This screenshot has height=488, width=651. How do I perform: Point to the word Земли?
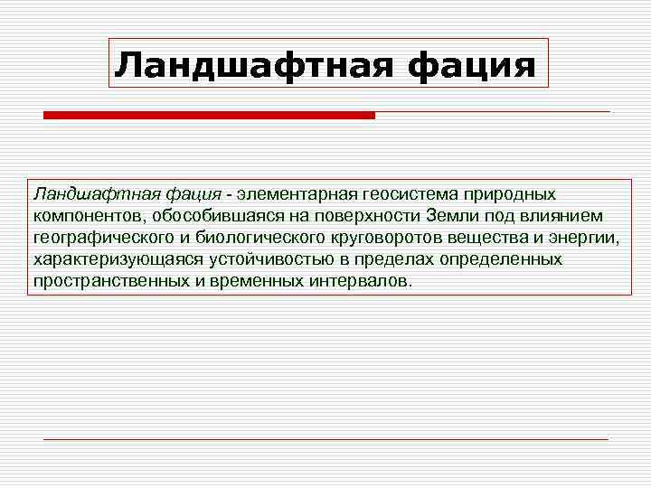(449, 216)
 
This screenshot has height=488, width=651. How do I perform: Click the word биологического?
(251, 238)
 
